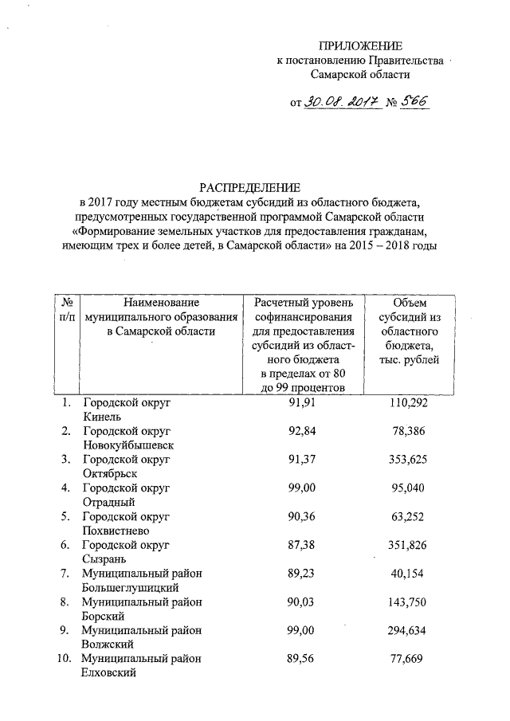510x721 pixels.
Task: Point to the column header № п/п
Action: [x=68, y=310]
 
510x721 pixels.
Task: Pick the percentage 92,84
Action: [x=304, y=431]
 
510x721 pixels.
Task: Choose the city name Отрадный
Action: [x=108, y=502]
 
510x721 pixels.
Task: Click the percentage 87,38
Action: [x=304, y=545]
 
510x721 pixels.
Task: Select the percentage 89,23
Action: [x=304, y=573]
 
